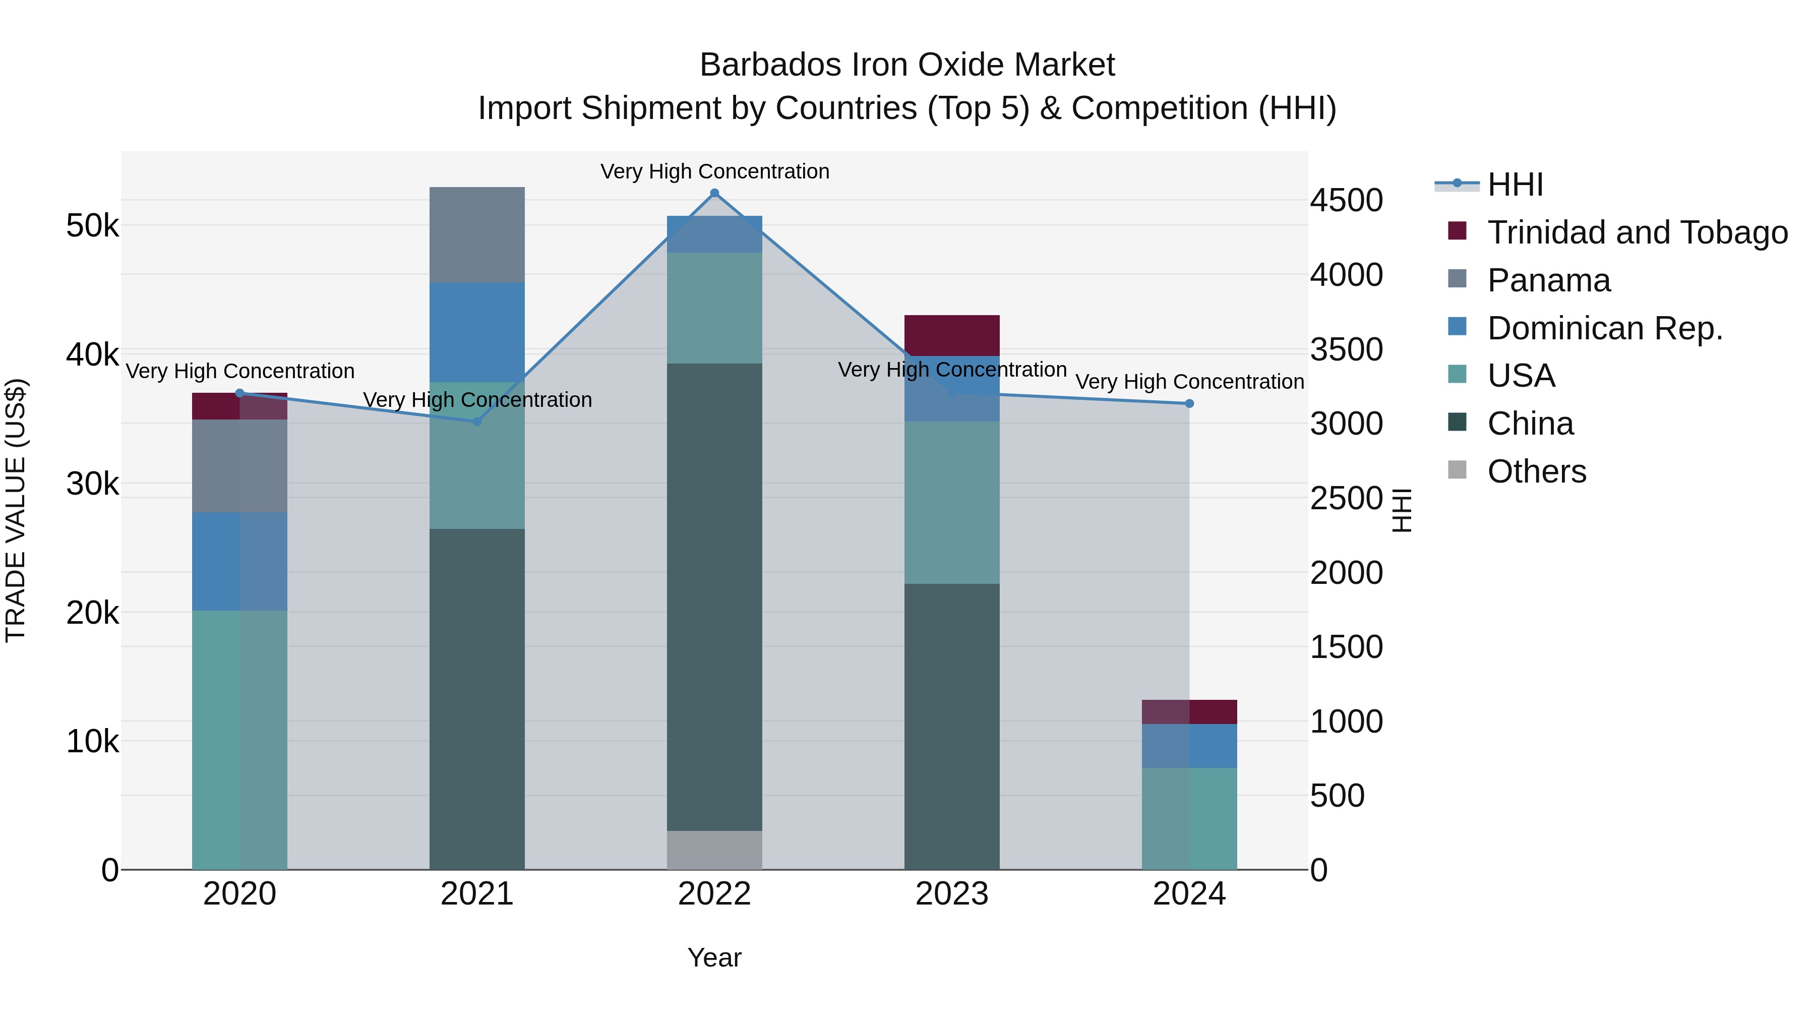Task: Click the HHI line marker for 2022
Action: [714, 193]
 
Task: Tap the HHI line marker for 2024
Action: [1189, 404]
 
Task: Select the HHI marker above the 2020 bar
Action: [239, 393]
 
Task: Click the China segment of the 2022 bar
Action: [714, 597]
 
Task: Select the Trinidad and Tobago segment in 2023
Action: [952, 335]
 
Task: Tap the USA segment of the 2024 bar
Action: [1189, 818]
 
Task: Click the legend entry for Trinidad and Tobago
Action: [1637, 232]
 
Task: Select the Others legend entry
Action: [1536, 471]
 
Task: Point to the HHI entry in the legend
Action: [1515, 185]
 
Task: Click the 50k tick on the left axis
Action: [92, 226]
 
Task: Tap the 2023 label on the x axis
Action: [952, 894]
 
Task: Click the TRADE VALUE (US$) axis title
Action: [16, 510]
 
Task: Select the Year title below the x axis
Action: [714, 957]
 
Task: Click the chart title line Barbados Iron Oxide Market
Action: [907, 65]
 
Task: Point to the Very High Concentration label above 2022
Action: [714, 171]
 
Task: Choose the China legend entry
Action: [1530, 424]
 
